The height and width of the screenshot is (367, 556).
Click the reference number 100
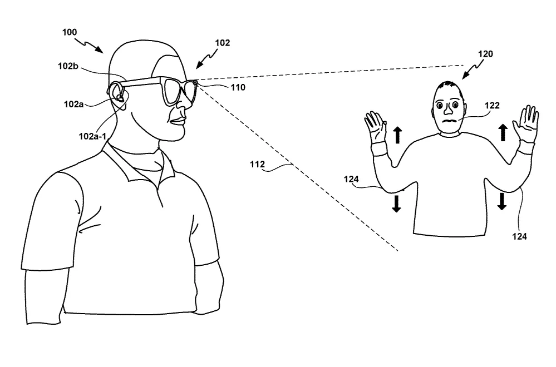[x=70, y=32]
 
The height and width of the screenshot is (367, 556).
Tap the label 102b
[x=68, y=66]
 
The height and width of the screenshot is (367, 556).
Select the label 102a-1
[x=92, y=136]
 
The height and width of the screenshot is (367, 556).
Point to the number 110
[x=238, y=87]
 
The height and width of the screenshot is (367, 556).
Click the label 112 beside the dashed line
[x=258, y=165]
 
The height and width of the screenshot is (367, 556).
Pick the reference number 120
[x=485, y=54]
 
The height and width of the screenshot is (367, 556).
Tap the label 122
[x=492, y=106]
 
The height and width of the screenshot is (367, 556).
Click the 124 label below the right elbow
[x=519, y=236]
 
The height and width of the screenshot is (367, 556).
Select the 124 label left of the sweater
[x=351, y=179]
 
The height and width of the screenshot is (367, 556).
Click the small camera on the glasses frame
[x=195, y=82]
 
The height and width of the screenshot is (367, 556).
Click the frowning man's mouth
[x=449, y=121]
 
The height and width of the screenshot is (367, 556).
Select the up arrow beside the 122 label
[x=503, y=132]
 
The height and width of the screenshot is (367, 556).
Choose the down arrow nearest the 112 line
[x=396, y=204]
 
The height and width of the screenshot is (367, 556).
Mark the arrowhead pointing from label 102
[x=199, y=66]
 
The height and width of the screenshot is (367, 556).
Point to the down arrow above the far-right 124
[x=502, y=201]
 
